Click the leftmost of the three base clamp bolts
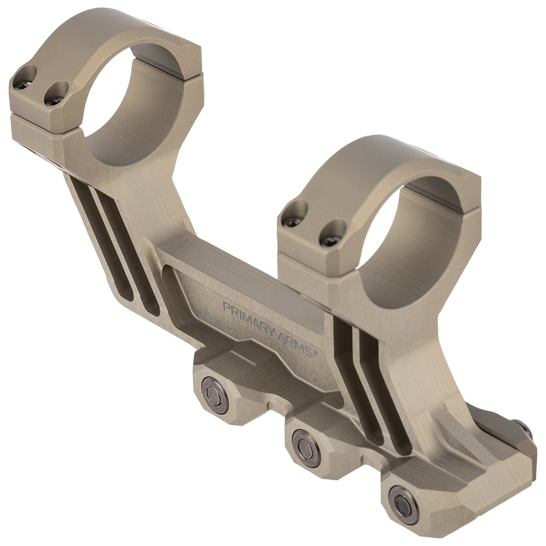[x=215, y=395]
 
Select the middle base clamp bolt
[x=306, y=448]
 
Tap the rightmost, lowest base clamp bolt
[x=403, y=505]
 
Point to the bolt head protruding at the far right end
[x=526, y=429]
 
